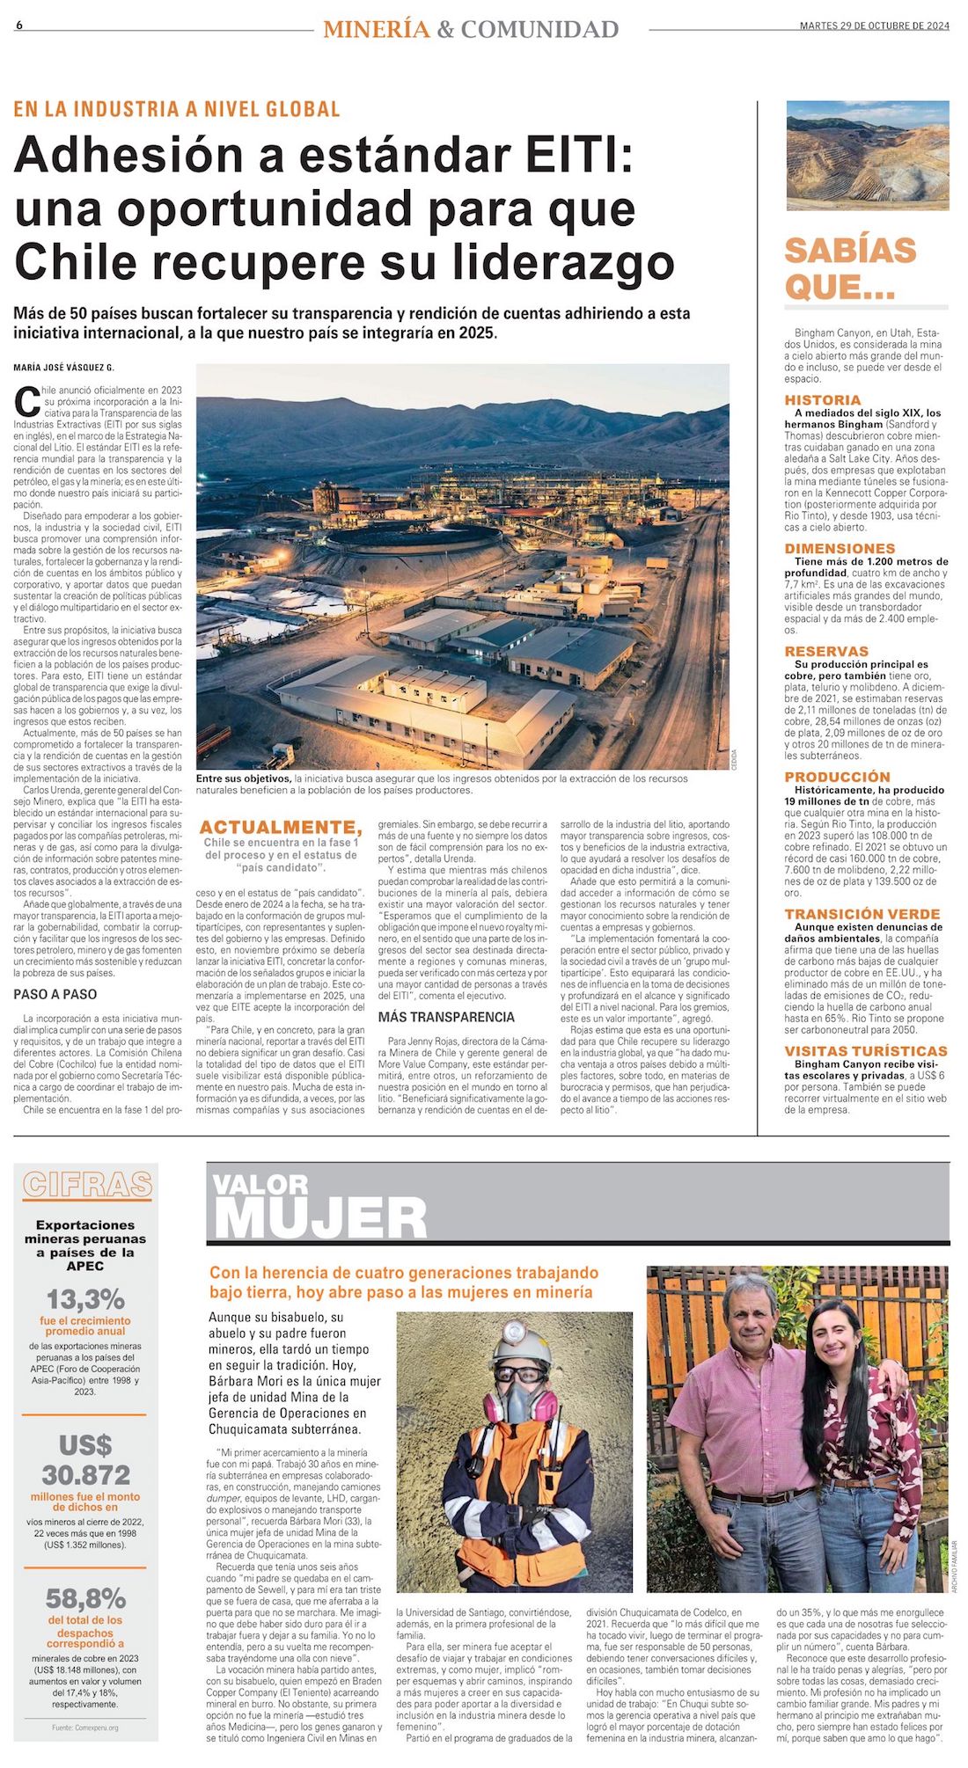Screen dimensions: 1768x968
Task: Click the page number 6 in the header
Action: point(18,26)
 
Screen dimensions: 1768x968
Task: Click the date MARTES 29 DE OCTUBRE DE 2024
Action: point(874,26)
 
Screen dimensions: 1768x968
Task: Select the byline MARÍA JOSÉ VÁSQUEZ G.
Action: point(63,368)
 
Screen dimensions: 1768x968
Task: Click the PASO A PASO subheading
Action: point(55,994)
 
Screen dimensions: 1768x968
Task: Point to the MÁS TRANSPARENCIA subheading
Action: point(446,1017)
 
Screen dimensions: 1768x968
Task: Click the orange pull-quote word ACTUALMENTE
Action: point(280,827)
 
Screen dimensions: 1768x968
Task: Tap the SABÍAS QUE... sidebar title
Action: point(850,268)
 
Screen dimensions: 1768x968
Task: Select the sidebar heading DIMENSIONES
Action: point(840,548)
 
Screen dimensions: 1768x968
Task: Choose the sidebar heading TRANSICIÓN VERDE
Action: point(862,914)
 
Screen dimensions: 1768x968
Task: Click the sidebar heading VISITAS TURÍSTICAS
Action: point(866,1050)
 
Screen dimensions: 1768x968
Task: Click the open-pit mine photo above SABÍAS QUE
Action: point(867,155)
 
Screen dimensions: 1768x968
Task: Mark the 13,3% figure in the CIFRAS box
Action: point(85,1299)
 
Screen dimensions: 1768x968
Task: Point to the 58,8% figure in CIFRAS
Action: point(85,1598)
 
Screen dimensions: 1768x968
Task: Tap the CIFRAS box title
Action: point(87,1184)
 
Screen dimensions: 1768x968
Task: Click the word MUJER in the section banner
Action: point(319,1219)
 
